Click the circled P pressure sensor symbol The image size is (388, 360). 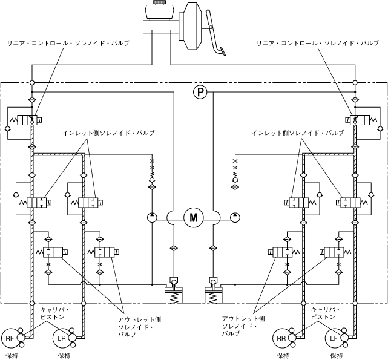click(200, 92)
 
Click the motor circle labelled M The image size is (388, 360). click(194, 217)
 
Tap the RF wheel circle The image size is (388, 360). click(11, 338)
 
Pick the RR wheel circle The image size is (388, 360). click(282, 338)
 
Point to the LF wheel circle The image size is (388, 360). click(334, 338)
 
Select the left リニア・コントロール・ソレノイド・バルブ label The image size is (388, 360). click(67, 44)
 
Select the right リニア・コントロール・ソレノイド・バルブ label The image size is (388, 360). click(321, 44)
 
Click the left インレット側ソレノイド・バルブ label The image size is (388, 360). click(109, 132)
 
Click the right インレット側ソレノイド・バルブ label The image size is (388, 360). click(296, 132)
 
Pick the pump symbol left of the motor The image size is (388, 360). click(152, 217)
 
